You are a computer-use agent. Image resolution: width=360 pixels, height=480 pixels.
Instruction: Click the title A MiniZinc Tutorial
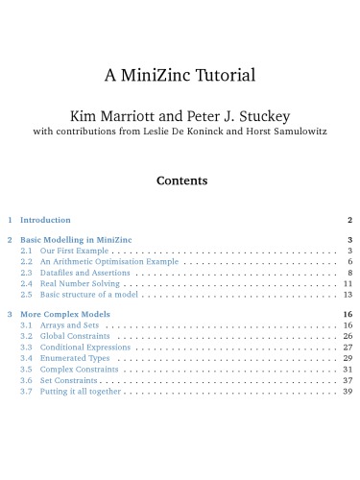(180, 75)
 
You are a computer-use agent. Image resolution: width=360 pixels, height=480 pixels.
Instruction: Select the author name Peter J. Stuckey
(237, 115)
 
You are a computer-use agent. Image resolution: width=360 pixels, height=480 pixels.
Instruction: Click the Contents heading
(180, 180)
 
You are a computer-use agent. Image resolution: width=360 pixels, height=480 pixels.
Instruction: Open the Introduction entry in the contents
(45, 220)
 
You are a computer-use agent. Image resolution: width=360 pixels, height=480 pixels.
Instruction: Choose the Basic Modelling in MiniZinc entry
(76, 239)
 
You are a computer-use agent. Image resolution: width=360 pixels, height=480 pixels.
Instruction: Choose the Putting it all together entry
(83, 391)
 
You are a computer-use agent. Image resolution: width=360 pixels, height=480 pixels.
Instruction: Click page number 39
(348, 391)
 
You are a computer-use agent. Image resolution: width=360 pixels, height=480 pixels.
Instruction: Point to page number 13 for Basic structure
(348, 295)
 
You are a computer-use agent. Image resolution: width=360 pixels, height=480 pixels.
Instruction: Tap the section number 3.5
(26, 369)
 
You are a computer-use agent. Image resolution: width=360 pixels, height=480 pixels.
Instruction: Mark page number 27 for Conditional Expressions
(348, 347)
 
